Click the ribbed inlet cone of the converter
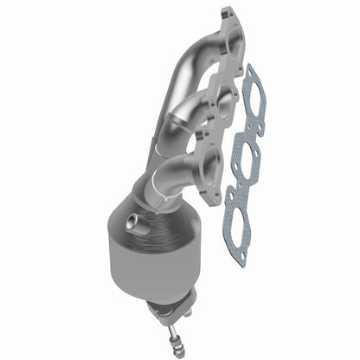[x=156, y=216]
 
